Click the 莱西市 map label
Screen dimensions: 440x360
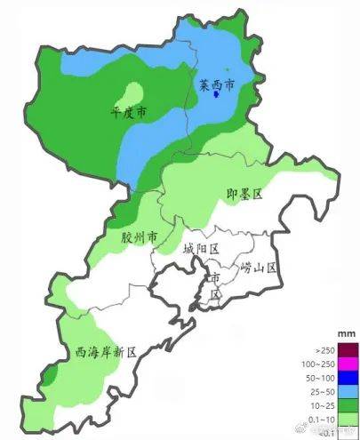click(216, 86)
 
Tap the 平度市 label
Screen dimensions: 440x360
click(129, 114)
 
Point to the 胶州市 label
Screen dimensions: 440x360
click(140, 238)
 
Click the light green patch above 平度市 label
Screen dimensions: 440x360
click(132, 92)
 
